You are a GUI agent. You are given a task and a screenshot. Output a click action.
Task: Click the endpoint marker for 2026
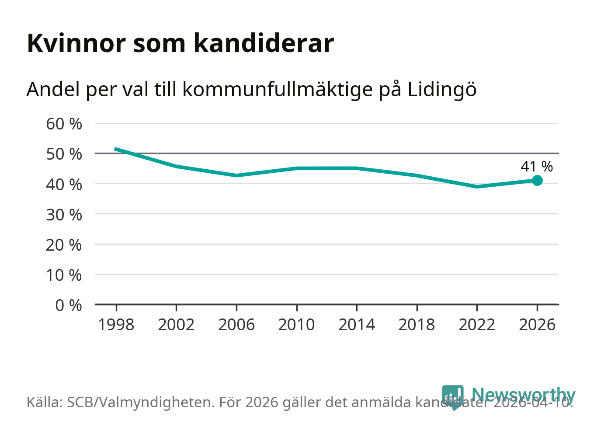pos(537,180)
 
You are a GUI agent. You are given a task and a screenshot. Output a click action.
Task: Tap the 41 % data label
pos(537,167)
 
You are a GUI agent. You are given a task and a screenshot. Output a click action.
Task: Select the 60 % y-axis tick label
pos(64,124)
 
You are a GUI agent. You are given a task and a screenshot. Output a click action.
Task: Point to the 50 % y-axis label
pos(64,154)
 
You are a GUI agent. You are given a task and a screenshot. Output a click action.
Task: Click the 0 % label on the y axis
pos(69,305)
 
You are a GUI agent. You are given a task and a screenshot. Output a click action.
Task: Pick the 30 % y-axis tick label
pos(64,215)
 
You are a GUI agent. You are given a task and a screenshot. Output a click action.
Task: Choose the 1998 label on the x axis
pos(116,325)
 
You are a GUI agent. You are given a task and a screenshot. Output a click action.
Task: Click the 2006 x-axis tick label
pos(236,325)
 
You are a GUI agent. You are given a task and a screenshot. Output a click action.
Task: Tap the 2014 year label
pos(357,325)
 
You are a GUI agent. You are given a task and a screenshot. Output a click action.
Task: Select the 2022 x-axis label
pos(477,325)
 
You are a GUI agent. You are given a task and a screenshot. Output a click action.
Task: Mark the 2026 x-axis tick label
pos(537,325)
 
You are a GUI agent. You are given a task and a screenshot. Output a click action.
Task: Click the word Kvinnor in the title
pos(76,43)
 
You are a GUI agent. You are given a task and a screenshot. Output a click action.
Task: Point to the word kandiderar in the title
pos(264,43)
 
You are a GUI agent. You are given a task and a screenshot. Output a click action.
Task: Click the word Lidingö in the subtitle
pos(442,90)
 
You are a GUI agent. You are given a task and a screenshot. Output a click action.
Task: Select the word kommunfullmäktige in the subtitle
pos(278,90)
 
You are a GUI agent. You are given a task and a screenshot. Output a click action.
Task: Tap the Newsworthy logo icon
pos(452,396)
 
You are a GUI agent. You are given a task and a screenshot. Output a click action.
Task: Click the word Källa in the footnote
pos(44,402)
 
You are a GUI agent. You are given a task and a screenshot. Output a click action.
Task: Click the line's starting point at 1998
pos(116,149)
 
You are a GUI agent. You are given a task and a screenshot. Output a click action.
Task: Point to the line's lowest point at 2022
pos(477,187)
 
